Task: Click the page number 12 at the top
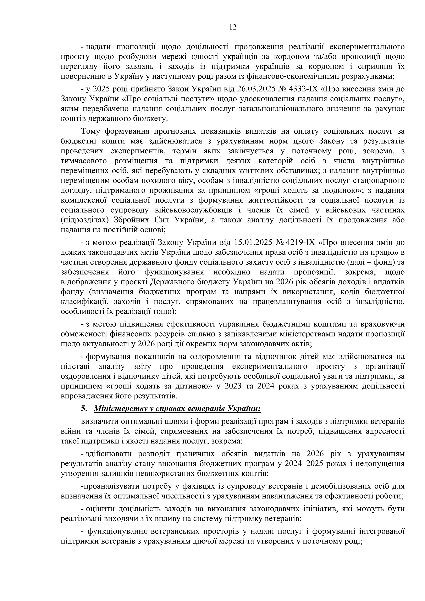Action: (x=233, y=27)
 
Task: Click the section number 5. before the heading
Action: (x=84, y=409)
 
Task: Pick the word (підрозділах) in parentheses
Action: (x=84, y=220)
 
